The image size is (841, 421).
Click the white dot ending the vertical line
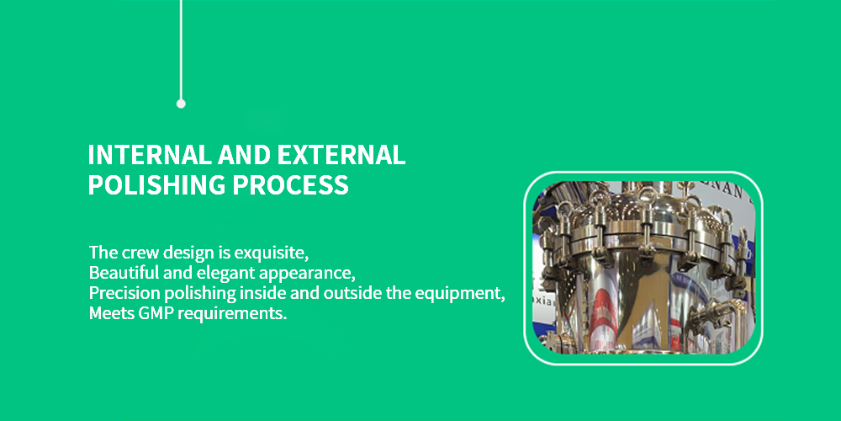(x=181, y=104)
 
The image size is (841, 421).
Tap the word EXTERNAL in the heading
(x=341, y=155)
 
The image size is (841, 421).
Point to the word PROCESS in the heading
(x=290, y=184)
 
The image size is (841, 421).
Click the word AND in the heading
(x=244, y=155)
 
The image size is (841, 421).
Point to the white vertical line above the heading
(x=181, y=50)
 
